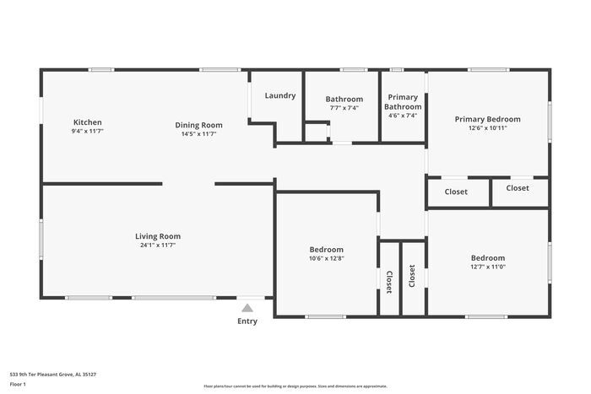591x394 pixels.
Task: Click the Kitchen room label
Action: (87, 122)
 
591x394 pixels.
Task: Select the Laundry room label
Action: (280, 95)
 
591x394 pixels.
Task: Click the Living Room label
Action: (158, 236)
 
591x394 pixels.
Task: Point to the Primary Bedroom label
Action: (487, 119)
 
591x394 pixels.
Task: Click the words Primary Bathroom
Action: (403, 102)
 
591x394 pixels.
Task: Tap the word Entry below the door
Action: (247, 321)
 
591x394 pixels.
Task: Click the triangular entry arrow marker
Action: (247, 308)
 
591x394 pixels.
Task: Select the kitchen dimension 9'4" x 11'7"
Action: (87, 132)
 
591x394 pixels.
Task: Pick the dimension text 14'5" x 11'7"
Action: (199, 133)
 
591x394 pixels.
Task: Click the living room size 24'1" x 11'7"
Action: (158, 246)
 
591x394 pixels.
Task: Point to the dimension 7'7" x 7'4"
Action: (344, 108)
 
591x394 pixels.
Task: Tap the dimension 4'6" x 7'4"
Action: (403, 116)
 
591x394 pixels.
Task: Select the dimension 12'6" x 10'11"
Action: (487, 128)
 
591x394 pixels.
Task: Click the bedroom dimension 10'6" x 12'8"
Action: (326, 259)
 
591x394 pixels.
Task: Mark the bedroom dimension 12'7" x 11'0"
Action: (488, 267)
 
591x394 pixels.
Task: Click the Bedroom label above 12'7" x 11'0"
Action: (488, 258)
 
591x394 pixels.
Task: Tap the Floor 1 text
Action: (18, 384)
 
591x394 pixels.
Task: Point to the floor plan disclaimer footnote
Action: (295, 386)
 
